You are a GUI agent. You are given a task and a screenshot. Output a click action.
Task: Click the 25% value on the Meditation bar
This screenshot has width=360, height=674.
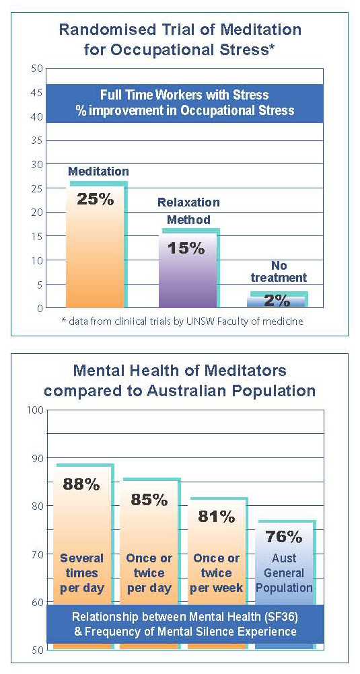[x=95, y=199]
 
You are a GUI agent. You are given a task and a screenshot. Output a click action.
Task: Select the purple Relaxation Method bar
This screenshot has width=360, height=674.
[x=188, y=270]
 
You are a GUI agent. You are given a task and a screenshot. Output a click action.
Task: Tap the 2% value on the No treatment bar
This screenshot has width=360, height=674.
[x=277, y=301]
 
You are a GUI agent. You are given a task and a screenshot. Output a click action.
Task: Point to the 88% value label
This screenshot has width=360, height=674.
[x=81, y=484]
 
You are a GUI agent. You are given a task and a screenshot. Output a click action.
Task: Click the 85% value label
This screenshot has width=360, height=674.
[x=149, y=499]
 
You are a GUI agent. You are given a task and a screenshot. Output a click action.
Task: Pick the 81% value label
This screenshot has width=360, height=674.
[x=217, y=516]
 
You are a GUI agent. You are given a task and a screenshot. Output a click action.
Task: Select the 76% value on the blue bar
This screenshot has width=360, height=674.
[x=284, y=536]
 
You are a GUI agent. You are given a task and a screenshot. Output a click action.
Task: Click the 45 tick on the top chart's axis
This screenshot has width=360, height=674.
[x=37, y=92]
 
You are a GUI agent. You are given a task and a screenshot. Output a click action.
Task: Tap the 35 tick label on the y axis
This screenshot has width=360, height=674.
[x=37, y=141]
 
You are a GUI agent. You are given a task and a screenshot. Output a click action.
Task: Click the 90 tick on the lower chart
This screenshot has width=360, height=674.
[x=37, y=458]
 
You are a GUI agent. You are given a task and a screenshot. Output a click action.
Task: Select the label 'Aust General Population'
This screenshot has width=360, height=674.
[x=284, y=572]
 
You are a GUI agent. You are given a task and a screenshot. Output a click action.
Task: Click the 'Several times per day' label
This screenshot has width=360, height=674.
[x=81, y=572]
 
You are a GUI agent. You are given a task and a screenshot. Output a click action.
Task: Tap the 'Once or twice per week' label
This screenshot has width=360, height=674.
[x=217, y=572]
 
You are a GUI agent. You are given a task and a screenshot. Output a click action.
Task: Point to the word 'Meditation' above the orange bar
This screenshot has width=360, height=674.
[x=98, y=171]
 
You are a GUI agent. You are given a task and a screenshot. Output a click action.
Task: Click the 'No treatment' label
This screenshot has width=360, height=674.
[x=279, y=271]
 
